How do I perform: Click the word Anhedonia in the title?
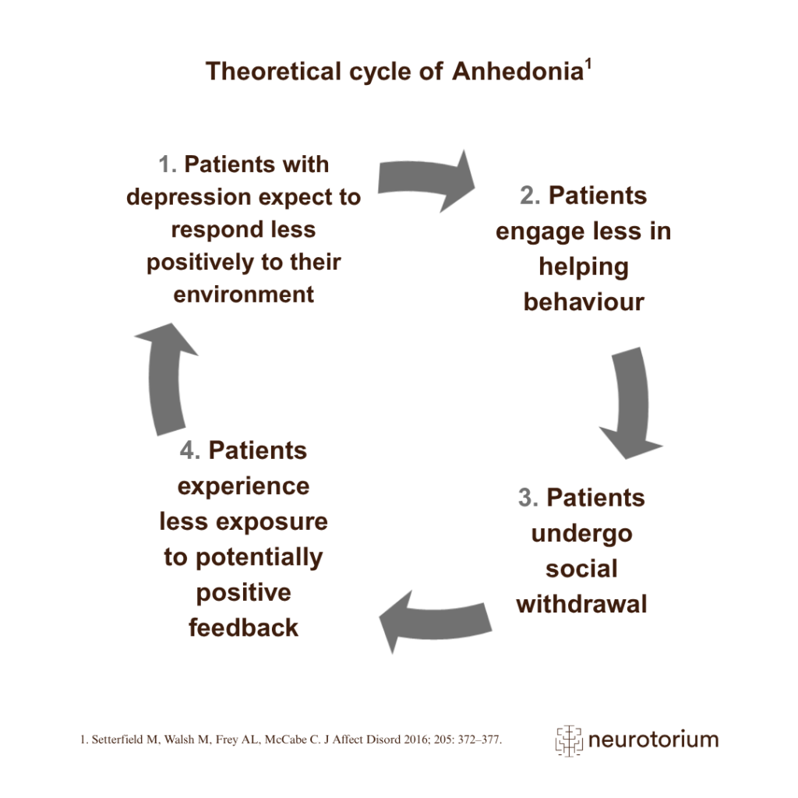517,72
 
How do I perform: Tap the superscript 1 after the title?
589,64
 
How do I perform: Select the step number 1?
167,165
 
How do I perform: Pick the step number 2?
530,196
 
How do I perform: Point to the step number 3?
528,498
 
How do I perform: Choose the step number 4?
190,450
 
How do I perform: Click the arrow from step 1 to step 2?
426,180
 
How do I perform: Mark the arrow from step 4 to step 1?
166,374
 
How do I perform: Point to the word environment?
244,295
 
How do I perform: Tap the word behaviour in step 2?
584,302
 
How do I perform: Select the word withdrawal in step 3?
581,604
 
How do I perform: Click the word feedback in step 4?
244,627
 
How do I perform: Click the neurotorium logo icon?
569,739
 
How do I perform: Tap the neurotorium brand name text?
653,739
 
